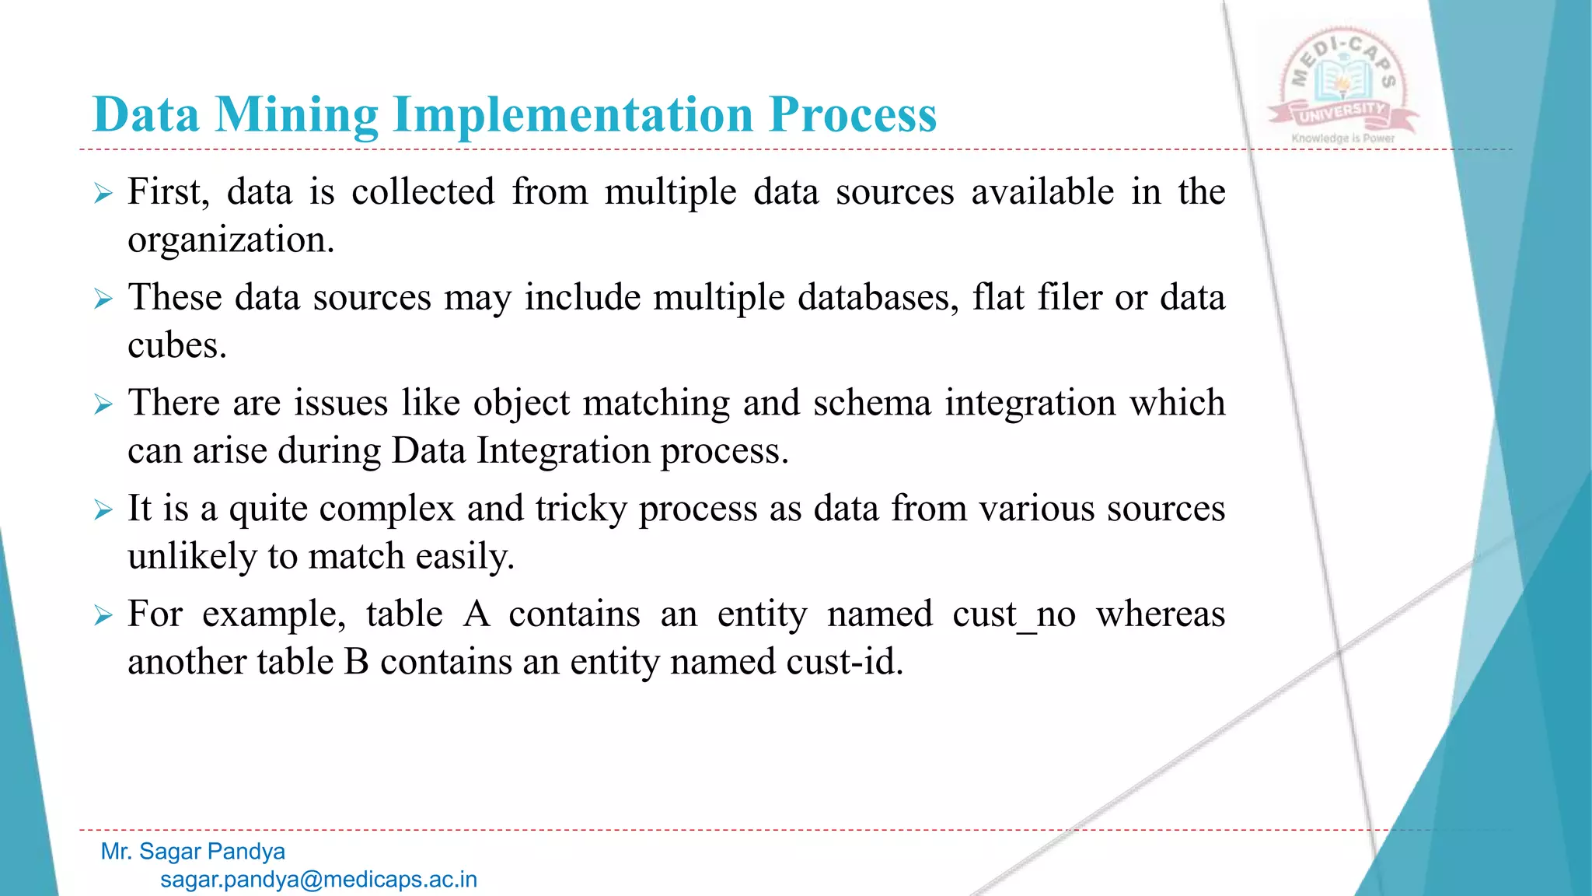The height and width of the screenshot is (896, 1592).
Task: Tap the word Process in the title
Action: click(x=853, y=115)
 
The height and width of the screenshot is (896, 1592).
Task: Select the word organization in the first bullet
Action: click(x=230, y=240)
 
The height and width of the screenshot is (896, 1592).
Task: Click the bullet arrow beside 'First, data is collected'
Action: click(x=103, y=193)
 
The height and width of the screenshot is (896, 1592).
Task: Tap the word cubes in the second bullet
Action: click(x=176, y=346)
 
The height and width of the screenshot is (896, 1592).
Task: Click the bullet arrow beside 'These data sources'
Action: click(x=103, y=299)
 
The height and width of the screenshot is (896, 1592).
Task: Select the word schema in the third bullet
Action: click(x=871, y=404)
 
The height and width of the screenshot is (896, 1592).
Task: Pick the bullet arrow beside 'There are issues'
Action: click(x=103, y=404)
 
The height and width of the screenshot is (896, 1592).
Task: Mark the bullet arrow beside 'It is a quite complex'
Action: click(x=103, y=510)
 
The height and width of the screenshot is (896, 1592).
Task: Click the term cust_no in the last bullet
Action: click(x=1014, y=615)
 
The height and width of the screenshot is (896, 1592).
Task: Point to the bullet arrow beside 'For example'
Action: click(x=103, y=616)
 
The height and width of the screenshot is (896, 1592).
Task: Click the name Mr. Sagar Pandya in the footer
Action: click(x=193, y=852)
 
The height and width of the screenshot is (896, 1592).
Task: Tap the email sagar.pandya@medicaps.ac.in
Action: click(x=319, y=880)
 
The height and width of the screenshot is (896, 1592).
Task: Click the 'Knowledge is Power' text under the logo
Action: click(x=1342, y=138)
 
